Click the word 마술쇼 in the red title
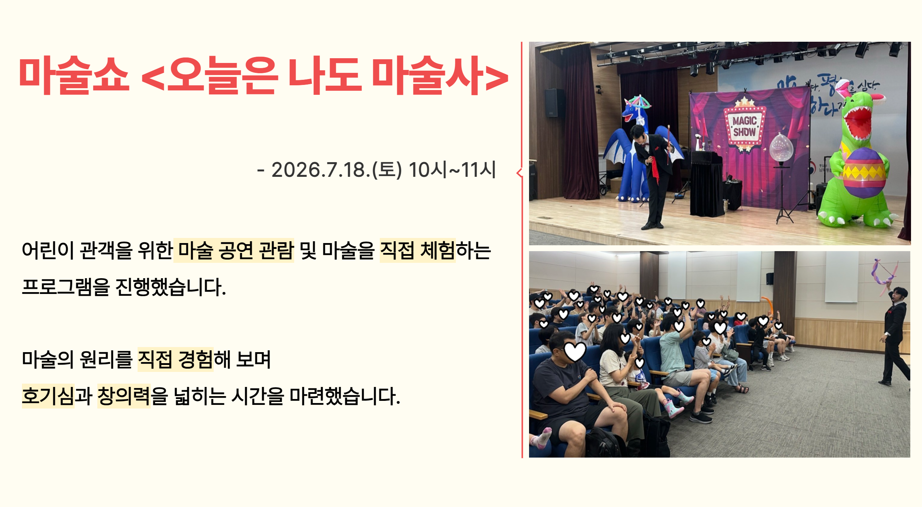74,75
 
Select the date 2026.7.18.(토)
337,170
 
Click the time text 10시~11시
452,170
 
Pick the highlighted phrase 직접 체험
418,250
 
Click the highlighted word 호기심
48,396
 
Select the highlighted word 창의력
124,396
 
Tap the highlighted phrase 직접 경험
176,359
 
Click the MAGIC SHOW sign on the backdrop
744,126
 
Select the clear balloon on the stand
781,147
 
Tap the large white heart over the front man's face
575,351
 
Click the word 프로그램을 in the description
66,287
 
